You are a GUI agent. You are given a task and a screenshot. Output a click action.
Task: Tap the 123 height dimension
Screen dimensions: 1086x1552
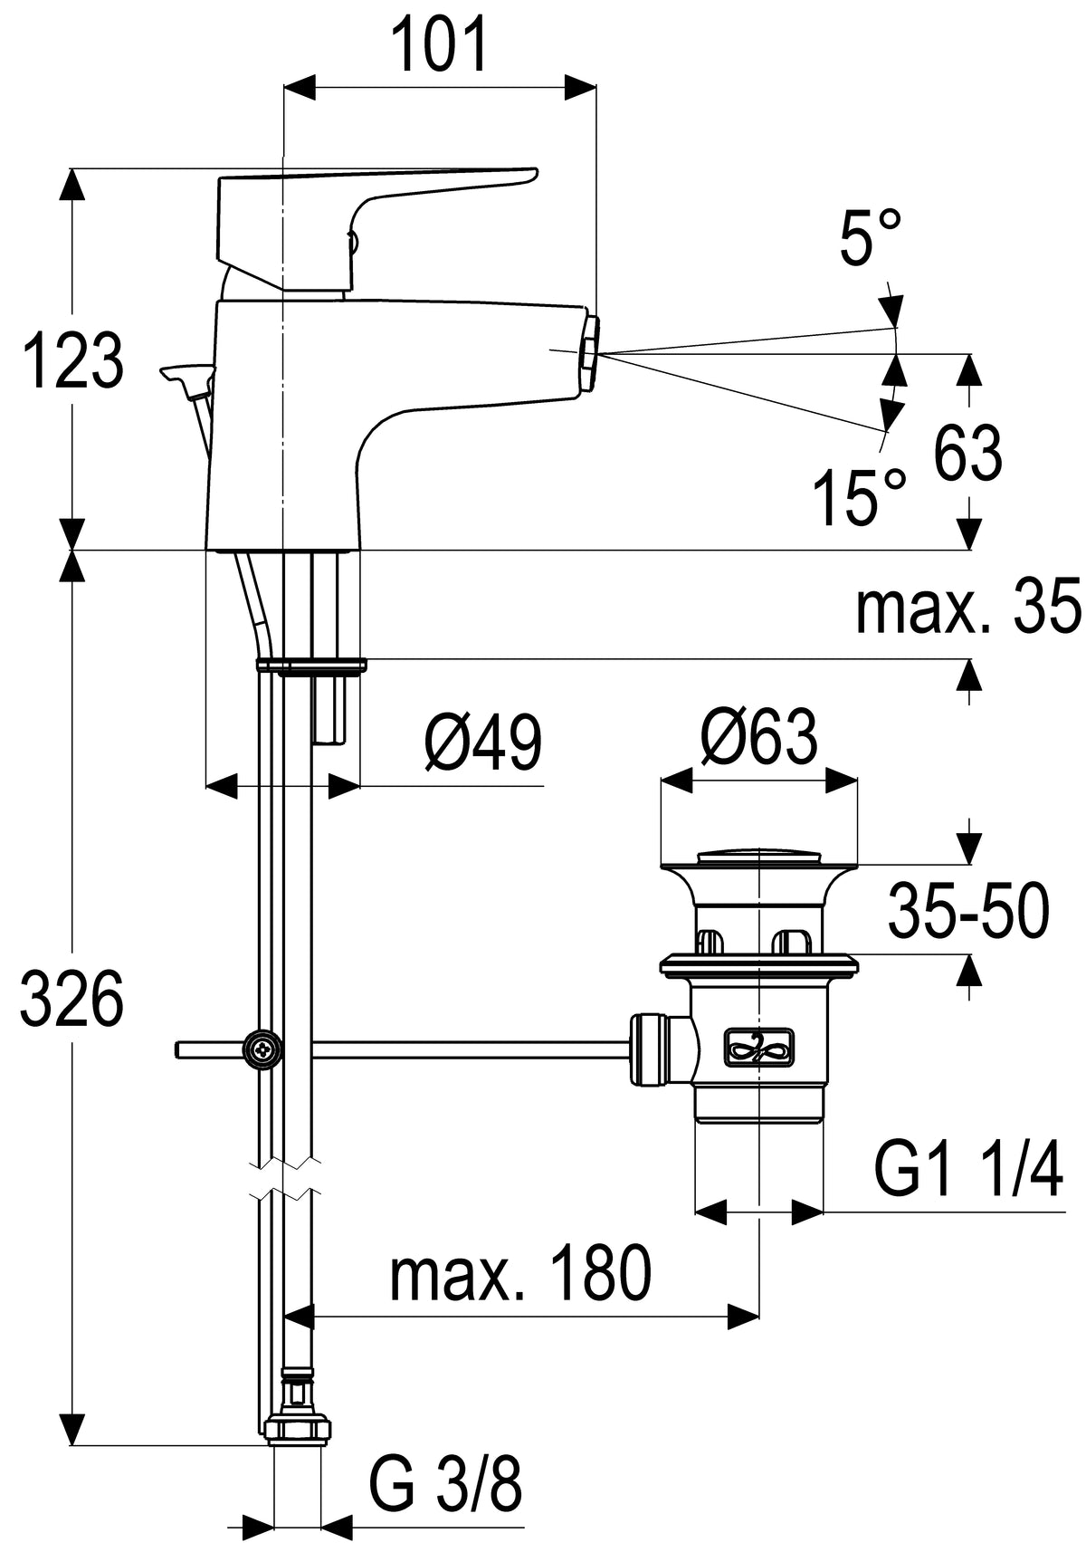(73, 361)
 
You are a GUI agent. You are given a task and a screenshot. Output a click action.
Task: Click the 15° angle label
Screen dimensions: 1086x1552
(859, 496)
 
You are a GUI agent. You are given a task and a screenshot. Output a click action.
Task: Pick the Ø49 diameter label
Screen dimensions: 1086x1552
(482, 742)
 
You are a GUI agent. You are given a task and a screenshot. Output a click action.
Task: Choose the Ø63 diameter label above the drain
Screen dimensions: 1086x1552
(759, 736)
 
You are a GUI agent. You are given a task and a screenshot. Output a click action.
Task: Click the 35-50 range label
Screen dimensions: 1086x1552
(968, 911)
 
